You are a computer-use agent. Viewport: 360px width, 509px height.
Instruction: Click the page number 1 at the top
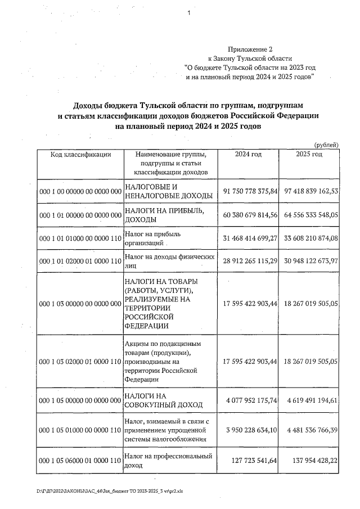point(190,13)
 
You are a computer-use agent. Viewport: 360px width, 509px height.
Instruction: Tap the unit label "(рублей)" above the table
point(326,145)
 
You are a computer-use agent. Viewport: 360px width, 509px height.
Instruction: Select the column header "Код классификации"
point(80,154)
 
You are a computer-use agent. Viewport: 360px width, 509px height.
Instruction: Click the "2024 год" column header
point(248,154)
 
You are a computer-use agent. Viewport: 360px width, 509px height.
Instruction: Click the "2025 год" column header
point(309,154)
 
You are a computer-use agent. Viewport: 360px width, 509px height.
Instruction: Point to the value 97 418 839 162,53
point(311,191)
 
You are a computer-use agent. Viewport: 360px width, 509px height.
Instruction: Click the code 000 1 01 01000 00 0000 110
point(80,238)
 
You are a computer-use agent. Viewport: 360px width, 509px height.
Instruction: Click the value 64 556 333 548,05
point(311,215)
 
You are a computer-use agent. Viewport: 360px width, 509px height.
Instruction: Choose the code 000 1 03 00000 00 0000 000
point(80,304)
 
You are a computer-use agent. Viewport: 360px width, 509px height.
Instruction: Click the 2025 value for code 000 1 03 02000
point(311,361)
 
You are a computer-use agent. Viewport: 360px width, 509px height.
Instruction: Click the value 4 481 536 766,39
point(311,430)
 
